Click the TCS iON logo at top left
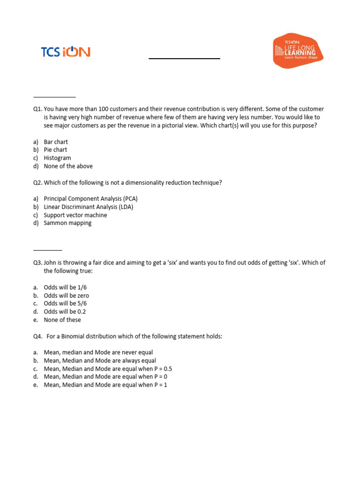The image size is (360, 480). (66, 52)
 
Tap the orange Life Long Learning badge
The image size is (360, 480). (298, 51)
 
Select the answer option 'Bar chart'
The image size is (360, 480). (56, 142)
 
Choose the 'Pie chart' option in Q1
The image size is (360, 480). (55, 150)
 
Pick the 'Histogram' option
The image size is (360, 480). (57, 158)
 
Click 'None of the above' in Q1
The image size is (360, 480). (68, 166)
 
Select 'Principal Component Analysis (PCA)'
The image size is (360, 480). (90, 199)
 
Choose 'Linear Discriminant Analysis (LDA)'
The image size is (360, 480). (91, 207)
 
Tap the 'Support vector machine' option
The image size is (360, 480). (75, 215)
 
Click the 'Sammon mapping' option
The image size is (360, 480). (67, 223)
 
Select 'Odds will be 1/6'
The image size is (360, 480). (65, 287)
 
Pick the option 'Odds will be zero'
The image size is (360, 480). (66, 296)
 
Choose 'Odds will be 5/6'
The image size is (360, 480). (65, 304)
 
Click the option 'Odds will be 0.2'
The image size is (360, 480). (65, 312)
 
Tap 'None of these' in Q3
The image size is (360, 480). (62, 320)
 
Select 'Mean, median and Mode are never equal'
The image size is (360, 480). (98, 352)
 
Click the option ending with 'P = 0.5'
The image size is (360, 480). (108, 369)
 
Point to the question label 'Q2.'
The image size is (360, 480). (37, 183)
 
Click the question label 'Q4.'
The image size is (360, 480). (37, 337)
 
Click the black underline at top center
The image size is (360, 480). (184, 59)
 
